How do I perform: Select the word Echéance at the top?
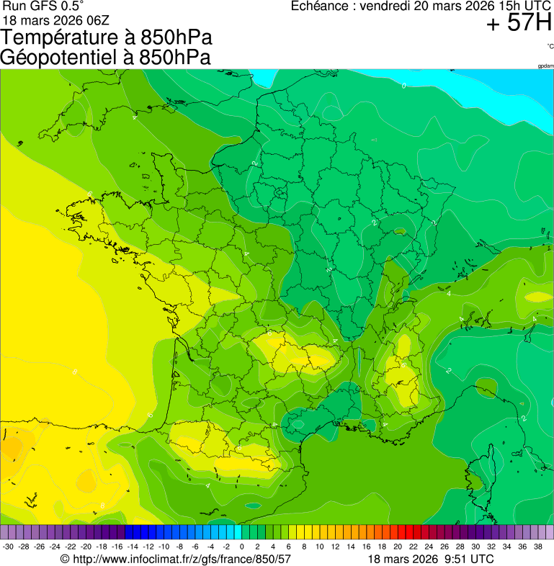point(320,6)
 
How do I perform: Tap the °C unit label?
point(550,46)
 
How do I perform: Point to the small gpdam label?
point(545,66)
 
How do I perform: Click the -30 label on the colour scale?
point(8,547)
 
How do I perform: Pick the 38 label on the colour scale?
point(537,547)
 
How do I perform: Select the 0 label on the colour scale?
point(241,547)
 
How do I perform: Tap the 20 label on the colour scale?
point(397,547)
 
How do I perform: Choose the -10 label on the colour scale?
point(164,547)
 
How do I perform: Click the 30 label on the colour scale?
point(475,547)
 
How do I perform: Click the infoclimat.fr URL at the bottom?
point(180,559)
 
